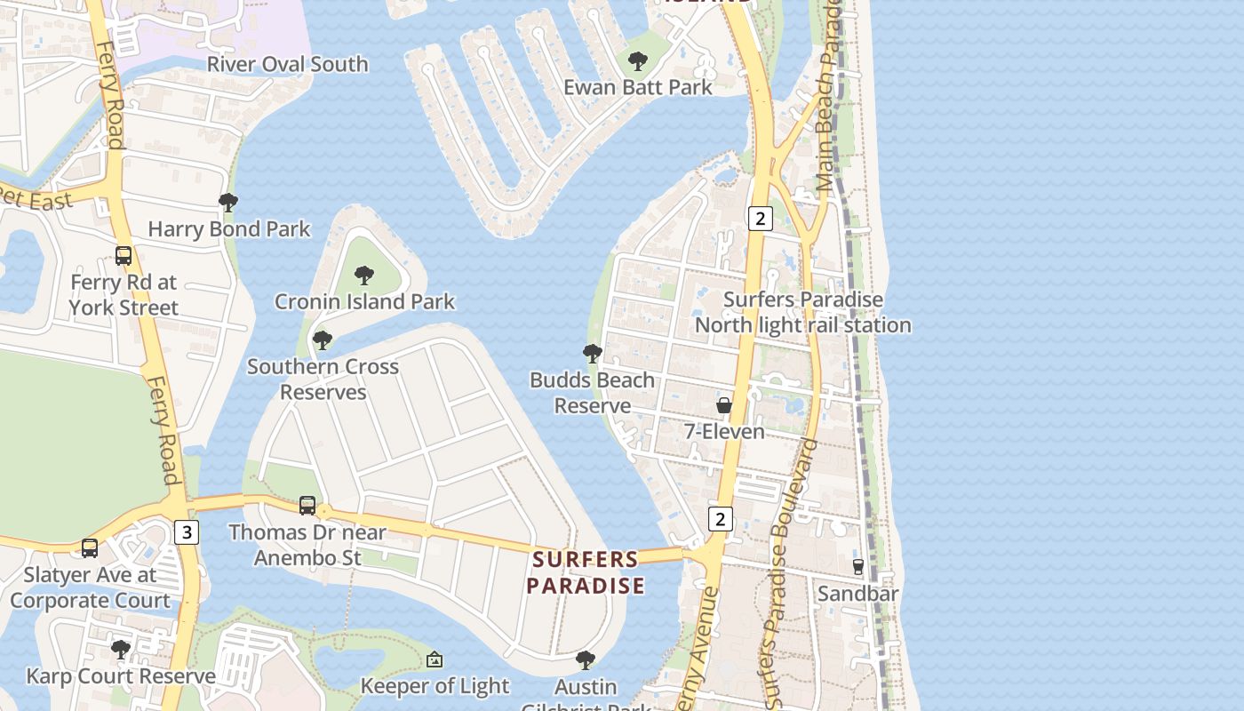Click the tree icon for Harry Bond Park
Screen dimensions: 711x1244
228,203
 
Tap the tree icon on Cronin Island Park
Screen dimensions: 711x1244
364,276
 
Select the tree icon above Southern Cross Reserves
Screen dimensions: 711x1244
323,340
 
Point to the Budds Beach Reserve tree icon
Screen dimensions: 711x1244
593,354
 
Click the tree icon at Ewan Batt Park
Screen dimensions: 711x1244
637,61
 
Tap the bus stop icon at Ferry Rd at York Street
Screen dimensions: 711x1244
124,256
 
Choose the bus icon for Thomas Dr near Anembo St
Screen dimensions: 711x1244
307,505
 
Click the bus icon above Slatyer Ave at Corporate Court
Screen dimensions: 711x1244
90,547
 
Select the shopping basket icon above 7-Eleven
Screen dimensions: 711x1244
724,405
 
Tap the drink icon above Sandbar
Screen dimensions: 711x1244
858,566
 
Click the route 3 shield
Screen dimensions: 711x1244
186,532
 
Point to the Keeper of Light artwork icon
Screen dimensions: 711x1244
435,659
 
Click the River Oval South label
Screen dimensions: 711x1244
287,64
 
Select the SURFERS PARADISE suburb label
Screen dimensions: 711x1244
586,572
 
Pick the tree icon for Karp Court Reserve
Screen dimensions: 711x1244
121,650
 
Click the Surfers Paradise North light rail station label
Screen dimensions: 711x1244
802,312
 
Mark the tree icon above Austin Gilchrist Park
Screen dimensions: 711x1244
586,660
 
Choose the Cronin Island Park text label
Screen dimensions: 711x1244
364,301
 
